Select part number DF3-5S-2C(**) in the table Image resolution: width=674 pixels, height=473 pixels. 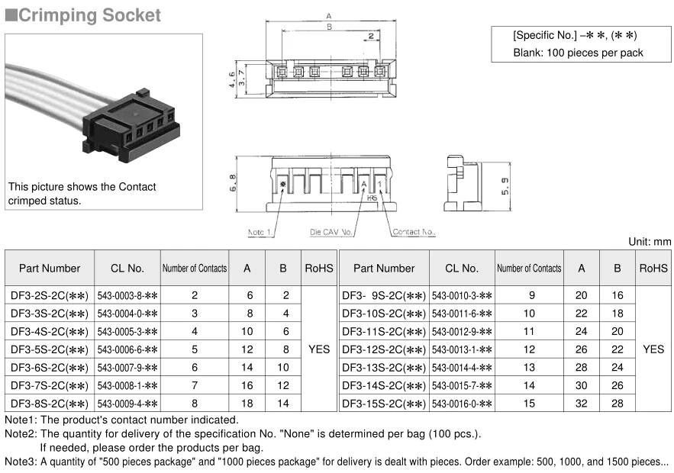49,349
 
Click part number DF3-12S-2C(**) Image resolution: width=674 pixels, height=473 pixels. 383,349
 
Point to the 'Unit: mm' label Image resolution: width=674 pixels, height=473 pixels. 650,241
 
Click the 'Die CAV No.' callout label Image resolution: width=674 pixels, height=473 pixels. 331,231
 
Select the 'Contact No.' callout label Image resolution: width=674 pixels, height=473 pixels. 414,231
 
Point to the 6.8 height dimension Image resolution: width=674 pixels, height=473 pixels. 233,182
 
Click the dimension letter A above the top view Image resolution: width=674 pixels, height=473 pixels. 329,15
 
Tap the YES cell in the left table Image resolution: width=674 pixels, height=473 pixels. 319,349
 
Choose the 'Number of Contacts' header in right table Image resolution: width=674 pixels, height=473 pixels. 529,269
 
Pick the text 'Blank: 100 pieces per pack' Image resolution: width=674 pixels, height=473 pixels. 578,53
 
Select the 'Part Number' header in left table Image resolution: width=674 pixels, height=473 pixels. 50,269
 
